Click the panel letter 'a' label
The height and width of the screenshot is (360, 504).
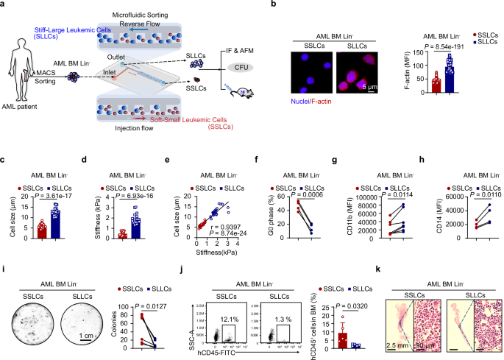coord(4,5)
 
